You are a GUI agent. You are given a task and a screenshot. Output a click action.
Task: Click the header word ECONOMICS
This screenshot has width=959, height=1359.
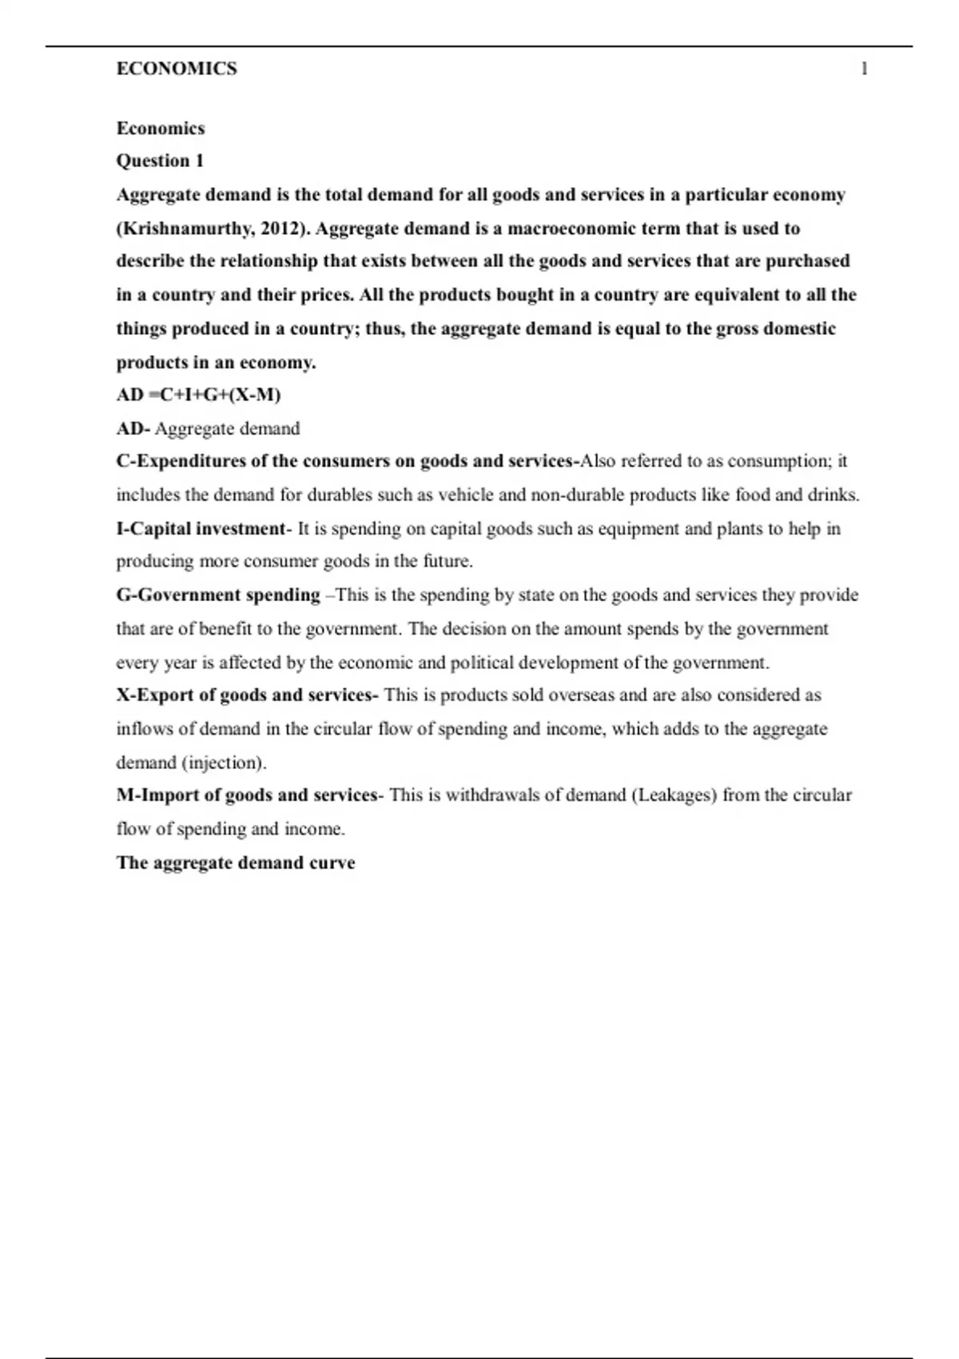[x=177, y=69]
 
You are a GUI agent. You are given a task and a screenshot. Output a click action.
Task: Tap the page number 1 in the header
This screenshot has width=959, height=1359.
[x=864, y=69]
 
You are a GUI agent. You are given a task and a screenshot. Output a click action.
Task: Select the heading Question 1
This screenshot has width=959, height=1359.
[x=160, y=161]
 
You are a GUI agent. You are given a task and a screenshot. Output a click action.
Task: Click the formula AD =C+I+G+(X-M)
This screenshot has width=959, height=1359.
[x=198, y=395]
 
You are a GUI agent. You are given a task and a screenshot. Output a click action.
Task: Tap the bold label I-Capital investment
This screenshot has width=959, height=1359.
[x=201, y=528]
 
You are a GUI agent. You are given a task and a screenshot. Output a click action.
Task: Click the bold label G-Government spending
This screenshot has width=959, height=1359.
[x=218, y=595]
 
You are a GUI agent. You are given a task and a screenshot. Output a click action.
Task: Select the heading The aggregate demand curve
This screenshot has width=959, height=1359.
[x=236, y=863]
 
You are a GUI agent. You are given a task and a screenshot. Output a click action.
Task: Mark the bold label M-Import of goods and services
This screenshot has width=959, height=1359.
[x=247, y=795]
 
